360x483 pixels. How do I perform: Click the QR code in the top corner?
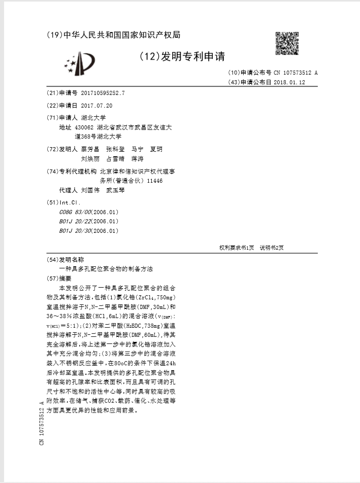click(x=286, y=43)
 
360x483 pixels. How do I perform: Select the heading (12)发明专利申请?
click(x=181, y=56)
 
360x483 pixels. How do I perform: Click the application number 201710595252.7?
click(x=103, y=93)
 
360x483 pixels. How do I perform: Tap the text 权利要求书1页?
click(x=237, y=248)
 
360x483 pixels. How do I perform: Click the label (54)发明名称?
click(x=64, y=259)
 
